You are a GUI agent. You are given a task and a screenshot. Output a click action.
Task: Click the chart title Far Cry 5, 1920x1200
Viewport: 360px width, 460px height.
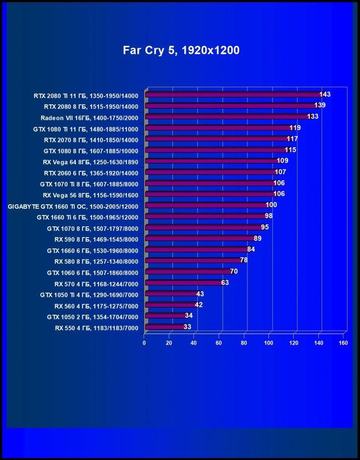(181, 51)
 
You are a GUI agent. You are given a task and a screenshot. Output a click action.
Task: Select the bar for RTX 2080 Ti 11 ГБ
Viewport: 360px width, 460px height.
(234, 95)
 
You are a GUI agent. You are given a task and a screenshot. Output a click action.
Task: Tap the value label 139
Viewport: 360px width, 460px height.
(320, 105)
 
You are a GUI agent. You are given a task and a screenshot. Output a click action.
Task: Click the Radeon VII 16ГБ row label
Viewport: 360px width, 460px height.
(90, 118)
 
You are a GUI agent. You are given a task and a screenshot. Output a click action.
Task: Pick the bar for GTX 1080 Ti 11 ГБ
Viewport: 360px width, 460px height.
(219, 128)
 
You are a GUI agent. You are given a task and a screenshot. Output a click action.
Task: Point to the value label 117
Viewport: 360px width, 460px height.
(292, 139)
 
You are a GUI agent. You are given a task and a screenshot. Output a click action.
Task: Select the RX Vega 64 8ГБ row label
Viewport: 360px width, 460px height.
(90, 162)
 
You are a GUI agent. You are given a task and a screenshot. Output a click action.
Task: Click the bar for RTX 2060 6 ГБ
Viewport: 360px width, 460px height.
(212, 172)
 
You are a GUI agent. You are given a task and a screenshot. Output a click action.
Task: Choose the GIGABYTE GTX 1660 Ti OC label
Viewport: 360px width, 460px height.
(73, 206)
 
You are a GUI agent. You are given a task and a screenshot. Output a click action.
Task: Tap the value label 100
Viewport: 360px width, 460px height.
(271, 205)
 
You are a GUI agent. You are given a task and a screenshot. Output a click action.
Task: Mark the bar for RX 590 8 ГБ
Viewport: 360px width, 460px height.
(200, 238)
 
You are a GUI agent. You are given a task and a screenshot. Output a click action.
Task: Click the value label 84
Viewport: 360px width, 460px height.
(251, 249)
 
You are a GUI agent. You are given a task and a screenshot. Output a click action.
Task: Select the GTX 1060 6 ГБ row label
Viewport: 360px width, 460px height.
(92, 273)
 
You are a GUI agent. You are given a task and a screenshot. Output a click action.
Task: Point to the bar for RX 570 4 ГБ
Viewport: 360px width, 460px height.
(184, 283)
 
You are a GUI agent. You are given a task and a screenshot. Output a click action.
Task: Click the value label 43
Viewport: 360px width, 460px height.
(200, 294)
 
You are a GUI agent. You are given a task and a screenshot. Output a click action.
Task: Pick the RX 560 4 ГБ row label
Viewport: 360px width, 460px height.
(96, 306)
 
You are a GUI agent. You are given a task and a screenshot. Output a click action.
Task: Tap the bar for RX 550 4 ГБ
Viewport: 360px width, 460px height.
(166, 327)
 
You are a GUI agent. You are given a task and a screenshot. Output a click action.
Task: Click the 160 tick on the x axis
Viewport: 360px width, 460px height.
(343, 343)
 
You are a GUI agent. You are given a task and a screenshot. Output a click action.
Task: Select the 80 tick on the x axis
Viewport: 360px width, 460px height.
(244, 343)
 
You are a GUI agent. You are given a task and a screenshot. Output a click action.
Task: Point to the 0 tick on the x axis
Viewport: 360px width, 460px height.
(144, 343)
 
